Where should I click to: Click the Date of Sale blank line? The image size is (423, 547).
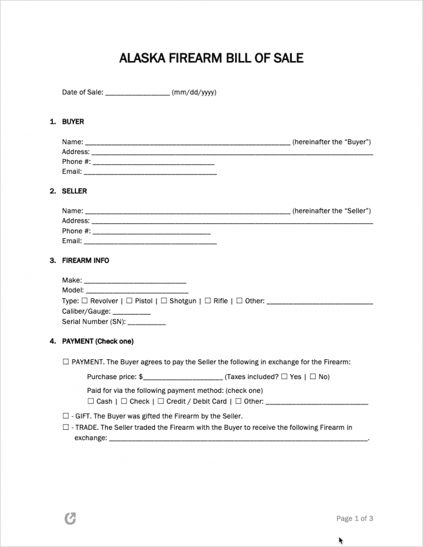click(x=137, y=93)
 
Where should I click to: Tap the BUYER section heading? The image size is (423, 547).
click(x=73, y=122)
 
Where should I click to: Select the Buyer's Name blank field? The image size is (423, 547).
click(x=188, y=143)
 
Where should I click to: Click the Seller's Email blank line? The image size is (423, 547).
click(x=150, y=242)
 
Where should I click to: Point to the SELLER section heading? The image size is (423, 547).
click(x=74, y=191)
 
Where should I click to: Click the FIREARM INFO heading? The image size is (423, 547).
click(x=85, y=260)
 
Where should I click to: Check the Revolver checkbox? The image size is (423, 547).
click(x=85, y=301)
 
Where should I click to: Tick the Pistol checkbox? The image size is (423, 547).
click(x=129, y=301)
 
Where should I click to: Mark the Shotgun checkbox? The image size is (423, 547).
click(x=164, y=301)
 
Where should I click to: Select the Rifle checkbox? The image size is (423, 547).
click(x=208, y=301)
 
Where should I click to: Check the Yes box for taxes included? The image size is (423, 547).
click(x=284, y=377)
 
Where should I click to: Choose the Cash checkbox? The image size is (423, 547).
click(x=91, y=401)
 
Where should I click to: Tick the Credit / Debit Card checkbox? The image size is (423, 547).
click(x=161, y=401)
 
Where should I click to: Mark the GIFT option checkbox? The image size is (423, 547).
click(x=66, y=416)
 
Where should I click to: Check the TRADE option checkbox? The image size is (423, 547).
click(x=66, y=427)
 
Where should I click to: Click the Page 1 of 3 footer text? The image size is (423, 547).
click(x=355, y=518)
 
